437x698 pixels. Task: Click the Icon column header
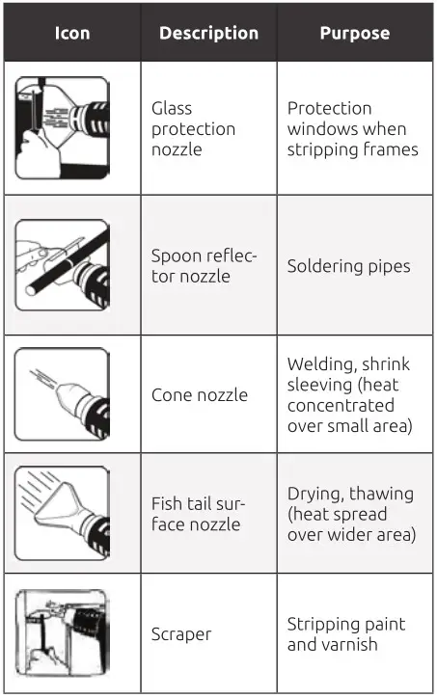coord(71,34)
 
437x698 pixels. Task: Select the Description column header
coord(208,34)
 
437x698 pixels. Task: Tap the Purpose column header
coord(354,34)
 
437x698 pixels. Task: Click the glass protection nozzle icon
coord(63,128)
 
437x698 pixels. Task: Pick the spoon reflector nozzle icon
coord(63,265)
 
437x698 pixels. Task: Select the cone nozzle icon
coord(63,394)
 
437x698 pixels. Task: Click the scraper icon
coord(63,634)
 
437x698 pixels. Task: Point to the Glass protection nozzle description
coord(193,129)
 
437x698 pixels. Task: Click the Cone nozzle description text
coord(199,395)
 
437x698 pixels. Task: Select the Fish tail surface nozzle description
coord(198,515)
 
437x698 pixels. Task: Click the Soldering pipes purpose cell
coord(347,266)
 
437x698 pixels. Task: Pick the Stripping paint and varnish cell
coord(346,634)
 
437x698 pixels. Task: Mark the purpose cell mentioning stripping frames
coord(352,129)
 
